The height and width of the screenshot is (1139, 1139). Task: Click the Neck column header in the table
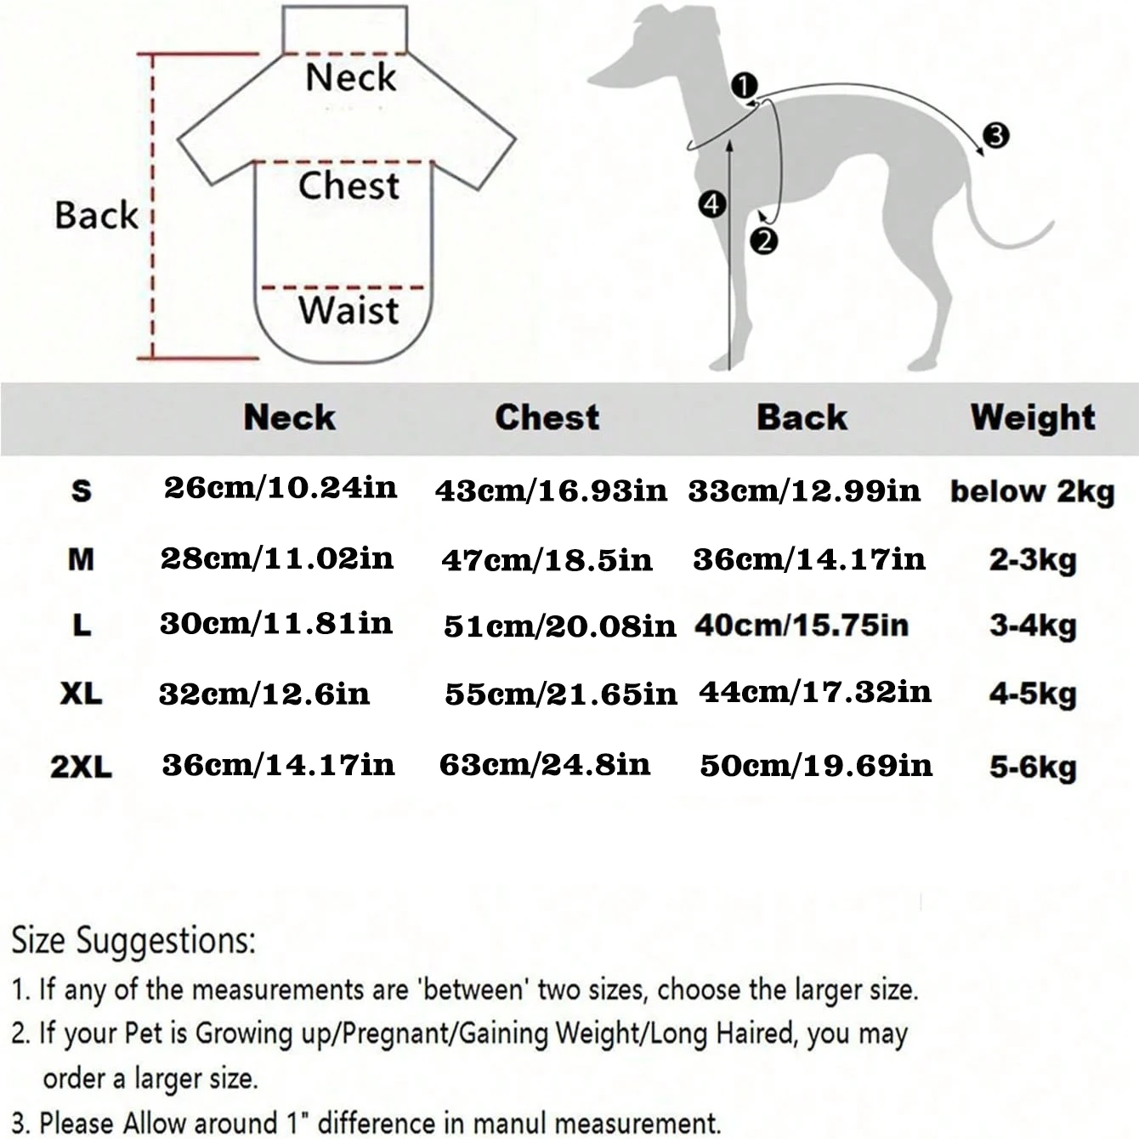[x=290, y=417]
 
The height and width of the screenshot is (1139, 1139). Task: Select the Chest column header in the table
[x=547, y=417]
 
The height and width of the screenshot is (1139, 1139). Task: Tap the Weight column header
[x=1033, y=417]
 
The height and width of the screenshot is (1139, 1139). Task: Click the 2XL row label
[x=81, y=767]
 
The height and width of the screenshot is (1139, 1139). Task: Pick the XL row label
[x=81, y=694]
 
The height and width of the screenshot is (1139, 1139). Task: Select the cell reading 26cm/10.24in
[x=280, y=488]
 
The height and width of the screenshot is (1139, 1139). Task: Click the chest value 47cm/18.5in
[x=547, y=560]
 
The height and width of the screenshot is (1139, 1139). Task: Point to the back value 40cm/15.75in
[x=802, y=626]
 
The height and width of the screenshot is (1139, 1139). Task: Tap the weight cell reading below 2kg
[x=1032, y=491]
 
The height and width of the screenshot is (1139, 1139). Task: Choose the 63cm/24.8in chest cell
[x=545, y=765]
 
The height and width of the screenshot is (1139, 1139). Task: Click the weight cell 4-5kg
[x=1033, y=694]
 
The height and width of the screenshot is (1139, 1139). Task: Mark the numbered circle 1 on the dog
[x=745, y=86]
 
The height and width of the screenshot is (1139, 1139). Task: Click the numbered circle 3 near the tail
[x=995, y=134]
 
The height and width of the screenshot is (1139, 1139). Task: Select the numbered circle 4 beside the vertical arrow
[x=711, y=204]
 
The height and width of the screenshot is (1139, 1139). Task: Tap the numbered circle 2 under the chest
[x=763, y=241]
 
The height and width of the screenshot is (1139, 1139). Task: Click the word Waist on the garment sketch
[x=348, y=310]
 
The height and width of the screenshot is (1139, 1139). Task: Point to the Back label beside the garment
[x=96, y=215]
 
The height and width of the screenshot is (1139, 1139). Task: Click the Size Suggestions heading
[x=133, y=941]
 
